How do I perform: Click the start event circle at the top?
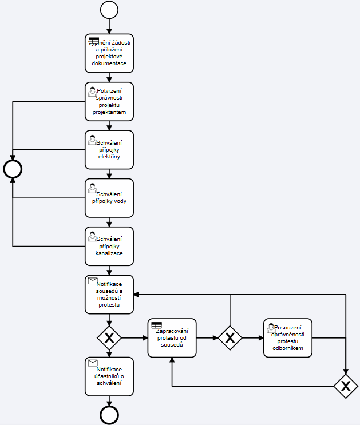click(109, 10)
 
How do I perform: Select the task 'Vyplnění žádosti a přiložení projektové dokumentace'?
click(109, 53)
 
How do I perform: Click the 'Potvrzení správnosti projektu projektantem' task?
click(109, 101)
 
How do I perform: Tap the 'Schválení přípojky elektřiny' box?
click(109, 149)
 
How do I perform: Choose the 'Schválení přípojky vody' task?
click(109, 198)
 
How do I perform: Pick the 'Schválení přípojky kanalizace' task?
click(109, 246)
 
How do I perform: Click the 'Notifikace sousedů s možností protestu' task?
click(109, 295)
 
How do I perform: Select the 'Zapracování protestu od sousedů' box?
click(172, 337)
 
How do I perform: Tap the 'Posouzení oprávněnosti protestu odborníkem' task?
click(288, 337)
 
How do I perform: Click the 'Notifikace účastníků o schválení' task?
click(109, 376)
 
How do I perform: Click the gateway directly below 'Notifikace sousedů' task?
click(109, 338)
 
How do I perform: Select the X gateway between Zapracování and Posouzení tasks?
click(230, 338)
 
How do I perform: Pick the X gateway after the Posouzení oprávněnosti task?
click(346, 386)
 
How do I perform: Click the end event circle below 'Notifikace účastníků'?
click(109, 415)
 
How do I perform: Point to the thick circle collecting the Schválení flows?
click(13, 169)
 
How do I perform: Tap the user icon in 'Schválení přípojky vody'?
click(92, 187)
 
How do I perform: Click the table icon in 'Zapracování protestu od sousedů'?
click(156, 325)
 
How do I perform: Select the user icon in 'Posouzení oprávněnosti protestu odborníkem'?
click(271, 327)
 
